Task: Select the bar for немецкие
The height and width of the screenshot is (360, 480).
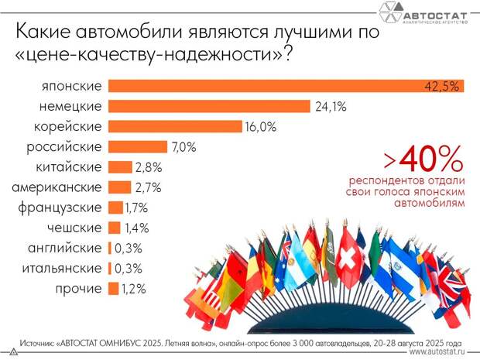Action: coord(209,106)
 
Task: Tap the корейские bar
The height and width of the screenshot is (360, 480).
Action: coord(177,126)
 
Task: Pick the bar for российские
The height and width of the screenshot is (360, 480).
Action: coord(138,146)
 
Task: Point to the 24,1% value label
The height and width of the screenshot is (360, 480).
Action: coord(331,107)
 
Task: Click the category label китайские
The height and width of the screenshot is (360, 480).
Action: coord(69,167)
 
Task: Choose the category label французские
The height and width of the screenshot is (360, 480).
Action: coord(60,207)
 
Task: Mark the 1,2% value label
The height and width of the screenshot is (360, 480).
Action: coord(133,289)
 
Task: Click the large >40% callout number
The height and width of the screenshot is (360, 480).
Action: coord(423,160)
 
